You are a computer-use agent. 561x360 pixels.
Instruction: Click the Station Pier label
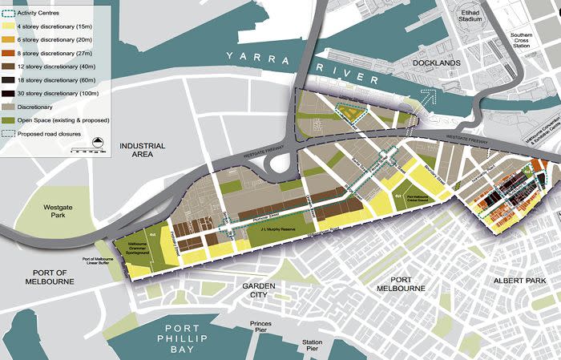click(x=312, y=346)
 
